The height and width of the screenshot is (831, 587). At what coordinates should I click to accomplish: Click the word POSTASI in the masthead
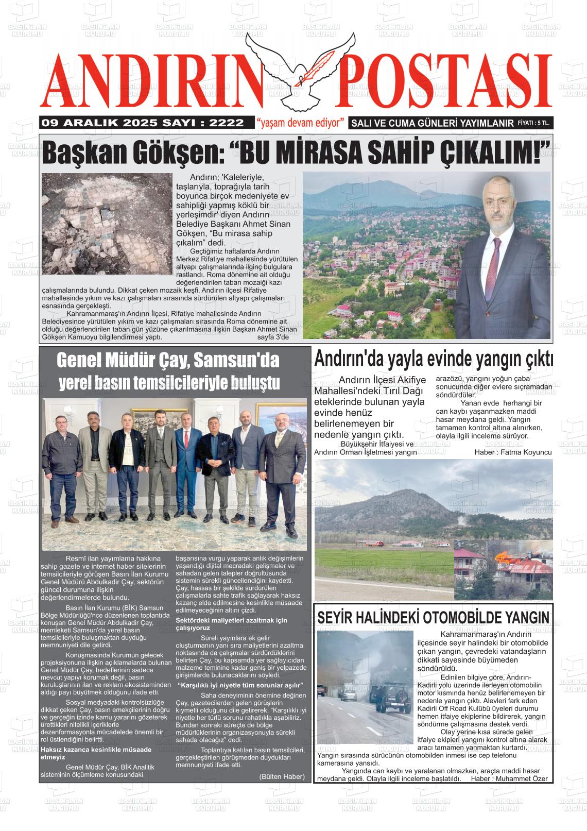pyautogui.click(x=443, y=82)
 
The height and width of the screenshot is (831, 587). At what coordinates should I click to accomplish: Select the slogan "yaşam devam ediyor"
pyautogui.click(x=300, y=123)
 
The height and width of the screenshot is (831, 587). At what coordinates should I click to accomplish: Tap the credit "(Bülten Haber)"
pyautogui.click(x=282, y=776)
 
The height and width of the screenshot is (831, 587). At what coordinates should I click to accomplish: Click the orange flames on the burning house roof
pyautogui.click(x=501, y=556)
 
